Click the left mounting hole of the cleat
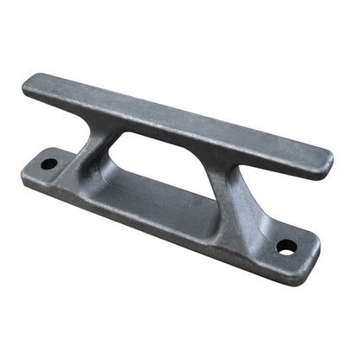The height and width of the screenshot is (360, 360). [x=49, y=163]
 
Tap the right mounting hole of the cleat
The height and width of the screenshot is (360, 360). [x=286, y=246]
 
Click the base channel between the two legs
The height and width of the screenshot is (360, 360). [x=164, y=195]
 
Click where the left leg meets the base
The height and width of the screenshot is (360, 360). [x=82, y=182]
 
